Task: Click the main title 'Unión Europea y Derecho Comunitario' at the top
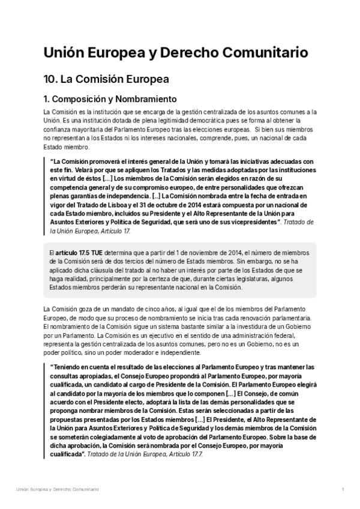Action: tap(176, 53)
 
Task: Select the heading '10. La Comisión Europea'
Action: tap(106, 79)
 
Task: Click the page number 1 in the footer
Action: tap(342, 490)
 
